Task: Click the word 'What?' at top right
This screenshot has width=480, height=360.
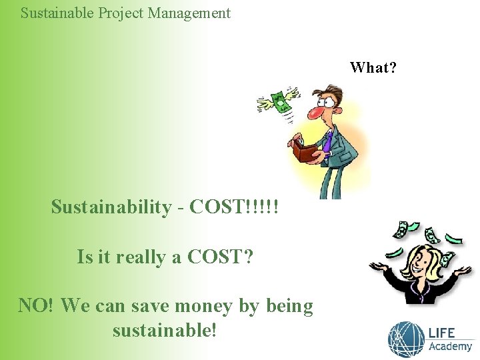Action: click(373, 67)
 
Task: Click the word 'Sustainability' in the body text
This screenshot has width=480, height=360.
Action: click(111, 207)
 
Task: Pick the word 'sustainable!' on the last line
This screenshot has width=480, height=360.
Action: click(165, 330)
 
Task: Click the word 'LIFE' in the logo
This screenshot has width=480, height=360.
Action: click(442, 332)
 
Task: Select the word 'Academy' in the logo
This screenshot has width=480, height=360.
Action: click(450, 346)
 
